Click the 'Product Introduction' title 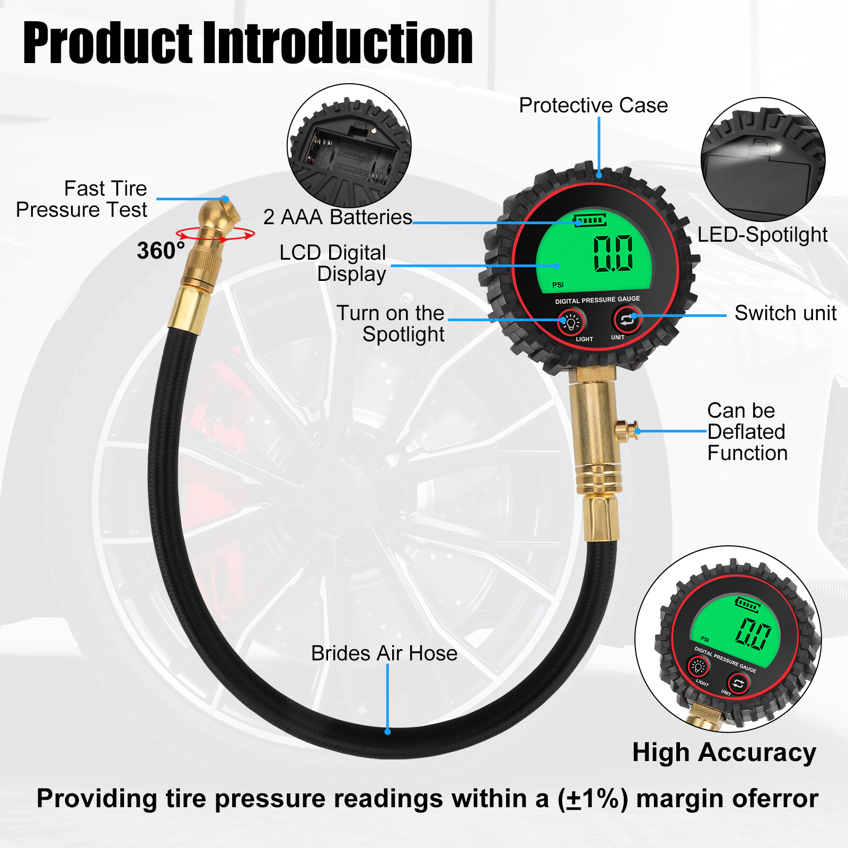(x=248, y=43)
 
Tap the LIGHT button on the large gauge (x=571, y=321)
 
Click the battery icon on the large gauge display (x=589, y=219)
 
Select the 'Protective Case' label (x=593, y=105)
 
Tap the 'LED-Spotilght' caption (x=762, y=235)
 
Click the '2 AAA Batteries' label (x=338, y=217)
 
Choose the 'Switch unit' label (x=785, y=313)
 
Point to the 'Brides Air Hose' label (x=384, y=653)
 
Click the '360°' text (x=161, y=251)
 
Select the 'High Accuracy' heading (x=724, y=753)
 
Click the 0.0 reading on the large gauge (x=613, y=253)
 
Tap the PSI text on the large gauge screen (x=558, y=285)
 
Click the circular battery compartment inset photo (x=349, y=145)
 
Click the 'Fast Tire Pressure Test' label (x=82, y=199)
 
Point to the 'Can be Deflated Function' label (x=747, y=432)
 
